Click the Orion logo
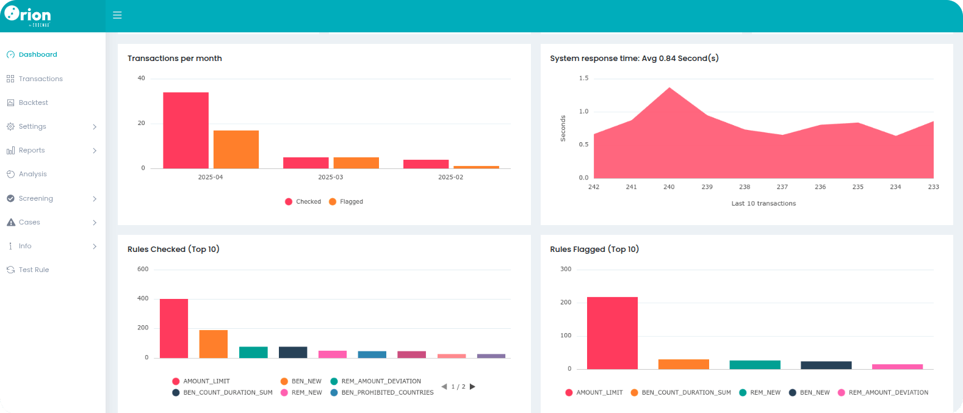coord(27,15)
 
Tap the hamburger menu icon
coord(117,15)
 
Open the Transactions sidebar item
coord(40,79)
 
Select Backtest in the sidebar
coord(33,102)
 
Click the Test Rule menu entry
coord(34,270)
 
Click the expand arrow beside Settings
coord(95,127)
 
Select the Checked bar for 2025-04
coord(186,130)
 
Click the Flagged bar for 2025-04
coord(236,149)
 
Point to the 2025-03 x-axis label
coord(330,177)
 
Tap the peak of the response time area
coord(669,88)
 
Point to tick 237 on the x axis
coord(782,187)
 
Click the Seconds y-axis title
coord(563,128)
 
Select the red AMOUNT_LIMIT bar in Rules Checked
coord(174,328)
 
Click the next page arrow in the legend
coord(472,387)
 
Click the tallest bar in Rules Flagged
coord(612,332)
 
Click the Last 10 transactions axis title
coord(763,204)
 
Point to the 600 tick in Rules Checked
coord(143,269)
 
